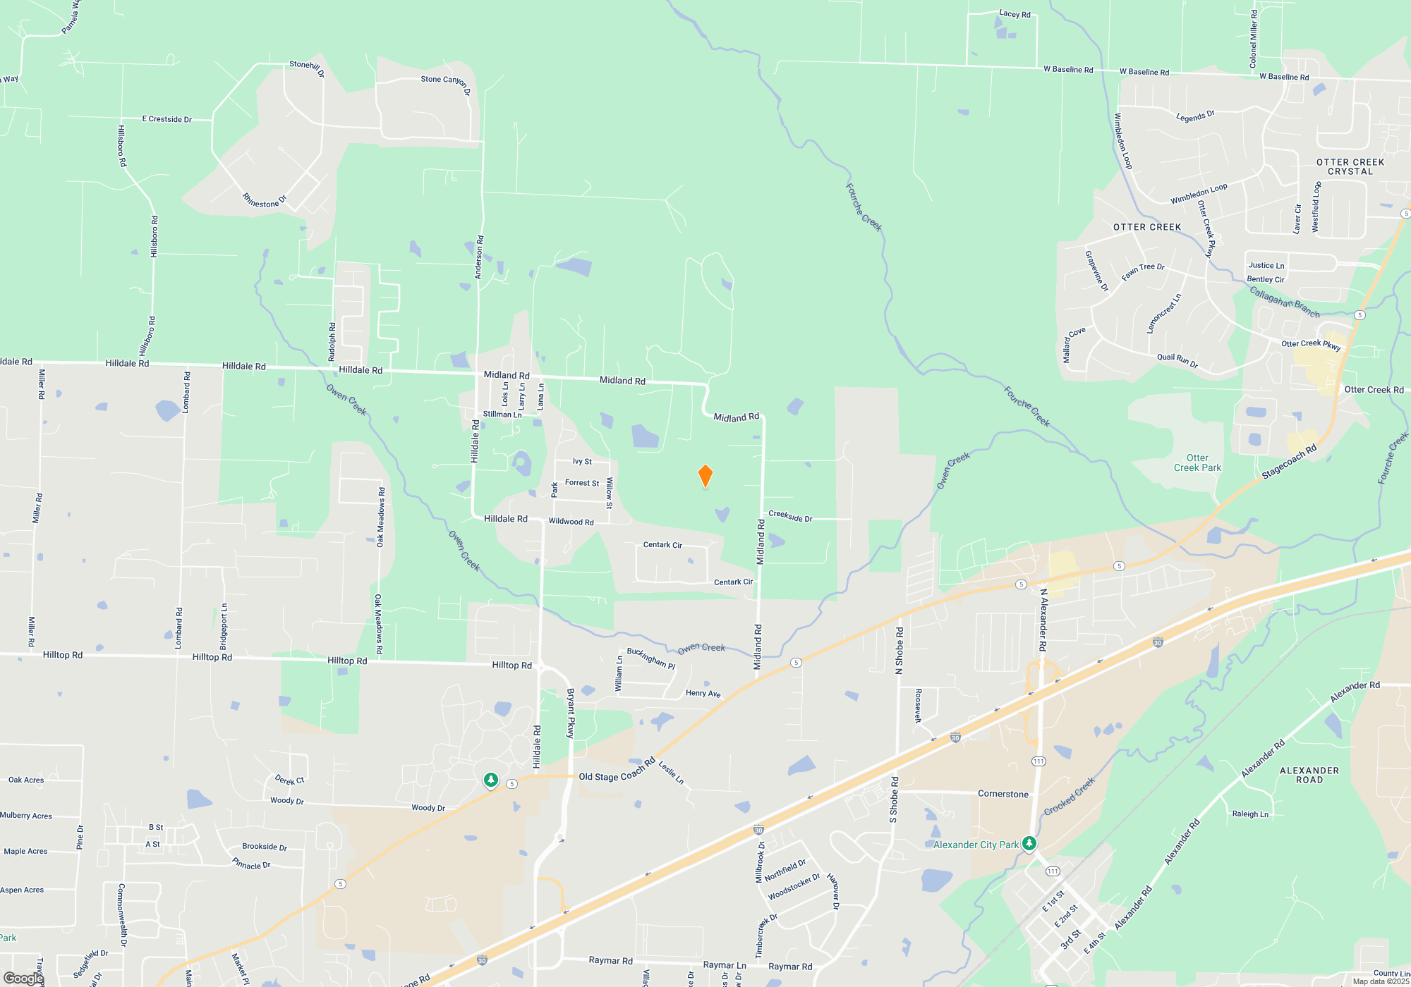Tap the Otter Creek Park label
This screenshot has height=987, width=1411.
coord(1197,462)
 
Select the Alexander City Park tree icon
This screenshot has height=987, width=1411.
coord(1029,843)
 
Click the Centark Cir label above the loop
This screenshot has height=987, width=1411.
coord(662,545)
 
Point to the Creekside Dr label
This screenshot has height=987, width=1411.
coord(790,517)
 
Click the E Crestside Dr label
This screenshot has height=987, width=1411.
coord(167,119)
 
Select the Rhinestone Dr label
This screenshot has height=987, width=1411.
coord(265,201)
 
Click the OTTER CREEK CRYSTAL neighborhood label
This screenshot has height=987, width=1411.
coord(1350,166)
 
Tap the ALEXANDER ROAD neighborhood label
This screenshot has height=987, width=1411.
coord(1309,775)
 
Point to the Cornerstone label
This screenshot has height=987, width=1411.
coord(1003,794)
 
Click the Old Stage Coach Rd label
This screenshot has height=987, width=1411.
coord(617,772)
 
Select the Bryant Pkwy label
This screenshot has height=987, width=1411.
coord(571,713)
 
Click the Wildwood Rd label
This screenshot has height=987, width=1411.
coord(571,522)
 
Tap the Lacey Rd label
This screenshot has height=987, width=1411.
coord(1015,13)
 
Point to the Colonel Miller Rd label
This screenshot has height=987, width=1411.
coord(1253,39)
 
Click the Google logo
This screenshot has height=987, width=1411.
coord(23,978)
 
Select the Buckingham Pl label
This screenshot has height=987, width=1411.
coord(650,658)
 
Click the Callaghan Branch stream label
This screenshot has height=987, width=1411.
coord(1284,302)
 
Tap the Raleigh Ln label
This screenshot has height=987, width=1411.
coord(1249,814)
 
